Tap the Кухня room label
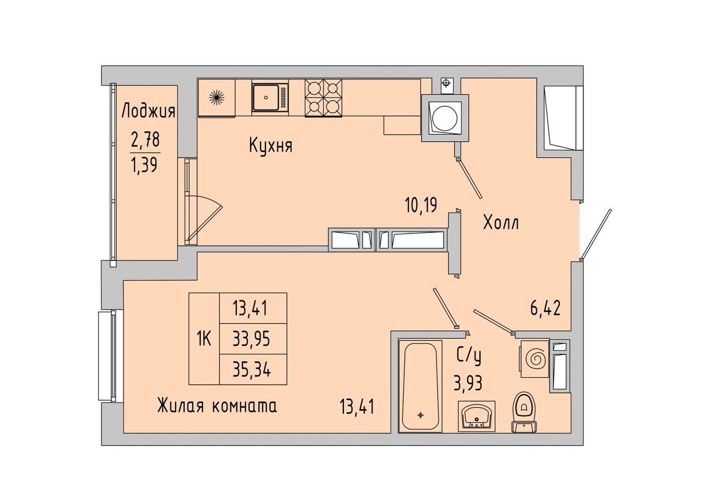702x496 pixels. (271, 146)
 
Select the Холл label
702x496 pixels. (501, 223)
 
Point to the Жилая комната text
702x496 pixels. (217, 406)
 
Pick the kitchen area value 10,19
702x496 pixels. (421, 206)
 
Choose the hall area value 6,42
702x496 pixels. (545, 308)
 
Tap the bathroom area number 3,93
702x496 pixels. (468, 383)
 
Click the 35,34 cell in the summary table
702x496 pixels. (252, 370)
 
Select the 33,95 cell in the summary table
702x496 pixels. (252, 339)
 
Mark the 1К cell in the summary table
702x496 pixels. (204, 339)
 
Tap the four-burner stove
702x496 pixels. (324, 98)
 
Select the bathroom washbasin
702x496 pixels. (477, 416)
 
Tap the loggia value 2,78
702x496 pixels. (145, 140)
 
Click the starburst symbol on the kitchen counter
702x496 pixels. (217, 98)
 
